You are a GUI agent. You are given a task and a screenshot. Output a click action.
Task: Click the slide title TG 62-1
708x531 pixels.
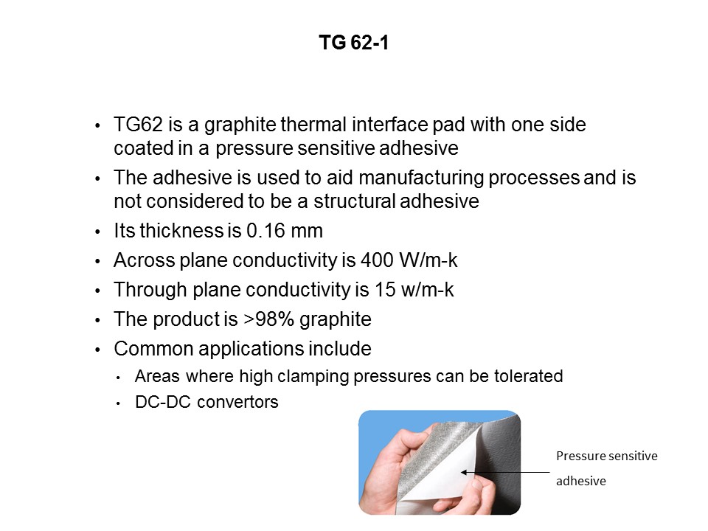353,44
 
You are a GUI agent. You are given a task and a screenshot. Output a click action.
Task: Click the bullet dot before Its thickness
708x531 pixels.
99,232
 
